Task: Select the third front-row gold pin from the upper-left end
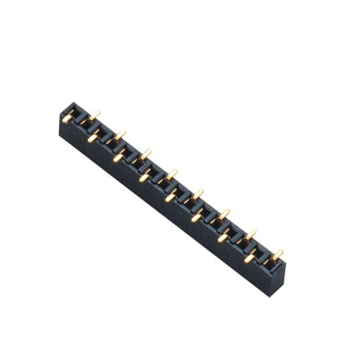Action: click(118, 157)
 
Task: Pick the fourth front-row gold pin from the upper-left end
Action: click(144, 178)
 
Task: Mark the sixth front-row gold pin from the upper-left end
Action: click(197, 217)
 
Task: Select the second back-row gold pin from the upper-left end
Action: click(120, 135)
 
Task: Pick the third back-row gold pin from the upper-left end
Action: click(146, 154)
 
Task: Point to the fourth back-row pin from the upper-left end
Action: click(172, 174)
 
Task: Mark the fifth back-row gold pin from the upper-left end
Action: click(198, 194)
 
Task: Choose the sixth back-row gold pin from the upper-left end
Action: click(224, 214)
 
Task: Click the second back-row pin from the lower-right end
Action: click(251, 234)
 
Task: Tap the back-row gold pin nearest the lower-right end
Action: click(278, 255)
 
